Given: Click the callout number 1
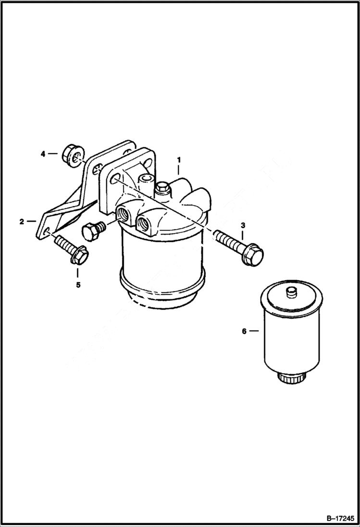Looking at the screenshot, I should (178, 159).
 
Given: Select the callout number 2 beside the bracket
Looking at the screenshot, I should (21, 221).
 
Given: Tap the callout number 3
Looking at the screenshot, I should (243, 225).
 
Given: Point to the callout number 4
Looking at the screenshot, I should (43, 154).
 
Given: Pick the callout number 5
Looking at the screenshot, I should (77, 284).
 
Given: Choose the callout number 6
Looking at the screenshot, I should (244, 331).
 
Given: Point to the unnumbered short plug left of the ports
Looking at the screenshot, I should (91, 231).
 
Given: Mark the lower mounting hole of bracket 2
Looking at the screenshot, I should (47, 233).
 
